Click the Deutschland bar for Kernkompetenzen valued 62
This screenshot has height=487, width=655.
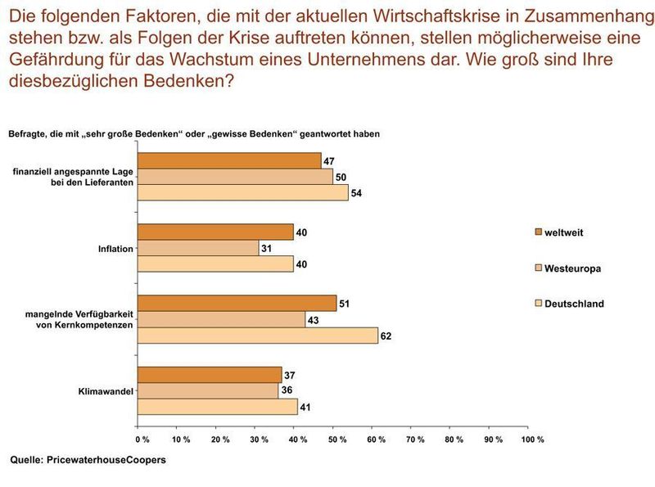click(x=257, y=335)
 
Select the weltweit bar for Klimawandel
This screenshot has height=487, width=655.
click(x=209, y=375)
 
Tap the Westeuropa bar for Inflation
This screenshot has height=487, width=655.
click(x=197, y=248)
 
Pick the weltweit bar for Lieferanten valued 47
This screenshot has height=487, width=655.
click(x=228, y=161)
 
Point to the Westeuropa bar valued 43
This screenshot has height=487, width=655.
click(x=221, y=319)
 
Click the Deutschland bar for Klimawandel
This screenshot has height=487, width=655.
click(x=217, y=406)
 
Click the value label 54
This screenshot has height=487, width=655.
click(x=356, y=193)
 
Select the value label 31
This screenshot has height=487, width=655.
click(x=267, y=248)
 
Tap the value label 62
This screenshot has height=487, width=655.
click(x=386, y=335)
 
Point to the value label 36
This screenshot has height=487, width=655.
click(x=287, y=390)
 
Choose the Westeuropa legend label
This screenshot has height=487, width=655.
click(x=573, y=268)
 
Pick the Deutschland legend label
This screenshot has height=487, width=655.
click(x=574, y=304)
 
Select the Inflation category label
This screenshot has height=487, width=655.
click(x=115, y=248)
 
